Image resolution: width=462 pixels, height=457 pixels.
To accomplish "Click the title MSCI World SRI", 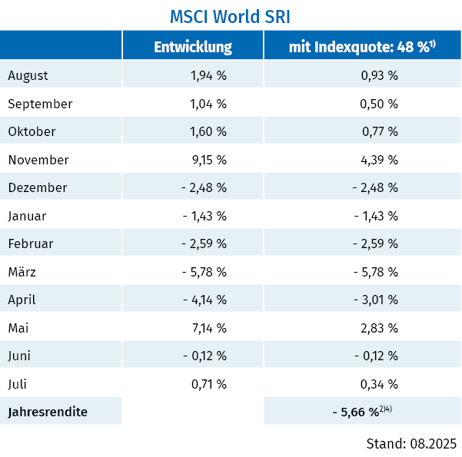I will (x=231, y=16).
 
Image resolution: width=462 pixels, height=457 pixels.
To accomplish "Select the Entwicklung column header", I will (x=193, y=47).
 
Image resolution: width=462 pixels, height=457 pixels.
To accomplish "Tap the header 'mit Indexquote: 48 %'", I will (x=362, y=47).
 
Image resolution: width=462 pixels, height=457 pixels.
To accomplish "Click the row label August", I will (x=28, y=75).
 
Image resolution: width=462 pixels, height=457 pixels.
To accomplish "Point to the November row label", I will (x=38, y=160).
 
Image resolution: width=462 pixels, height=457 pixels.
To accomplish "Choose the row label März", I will (x=22, y=272).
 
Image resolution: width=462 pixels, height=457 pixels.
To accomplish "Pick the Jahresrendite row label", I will (x=47, y=412).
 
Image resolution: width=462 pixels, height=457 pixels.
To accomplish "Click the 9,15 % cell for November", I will (x=208, y=160).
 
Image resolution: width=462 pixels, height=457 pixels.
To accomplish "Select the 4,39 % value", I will (x=380, y=160).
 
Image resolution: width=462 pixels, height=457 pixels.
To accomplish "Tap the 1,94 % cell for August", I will (x=208, y=75).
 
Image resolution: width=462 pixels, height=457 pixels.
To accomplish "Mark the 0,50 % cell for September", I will (x=380, y=104).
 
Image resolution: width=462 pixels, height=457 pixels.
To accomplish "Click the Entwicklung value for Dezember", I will (x=204, y=187).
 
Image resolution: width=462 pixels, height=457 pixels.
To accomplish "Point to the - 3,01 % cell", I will (x=375, y=300).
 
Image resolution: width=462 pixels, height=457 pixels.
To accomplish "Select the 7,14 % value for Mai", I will (x=208, y=328).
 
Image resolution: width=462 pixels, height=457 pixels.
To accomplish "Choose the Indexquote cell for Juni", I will (x=375, y=356).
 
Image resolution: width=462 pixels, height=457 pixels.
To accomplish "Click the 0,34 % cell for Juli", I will (x=380, y=384).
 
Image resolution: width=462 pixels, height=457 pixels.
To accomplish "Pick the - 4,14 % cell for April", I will (x=204, y=300).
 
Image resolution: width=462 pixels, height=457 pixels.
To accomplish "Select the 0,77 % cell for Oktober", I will (x=380, y=131).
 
